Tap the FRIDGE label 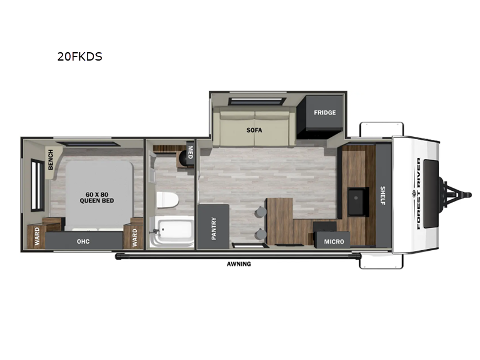[325, 113]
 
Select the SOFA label [254, 130]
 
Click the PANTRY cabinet [214, 227]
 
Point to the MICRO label [334, 241]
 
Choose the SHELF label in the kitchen [383, 195]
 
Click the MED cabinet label [190, 151]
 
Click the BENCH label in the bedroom [51, 159]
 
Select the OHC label [84, 242]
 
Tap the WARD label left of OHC [37, 237]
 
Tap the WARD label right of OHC [134, 237]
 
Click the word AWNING [239, 264]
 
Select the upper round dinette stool [260, 212]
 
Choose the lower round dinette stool [260, 234]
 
